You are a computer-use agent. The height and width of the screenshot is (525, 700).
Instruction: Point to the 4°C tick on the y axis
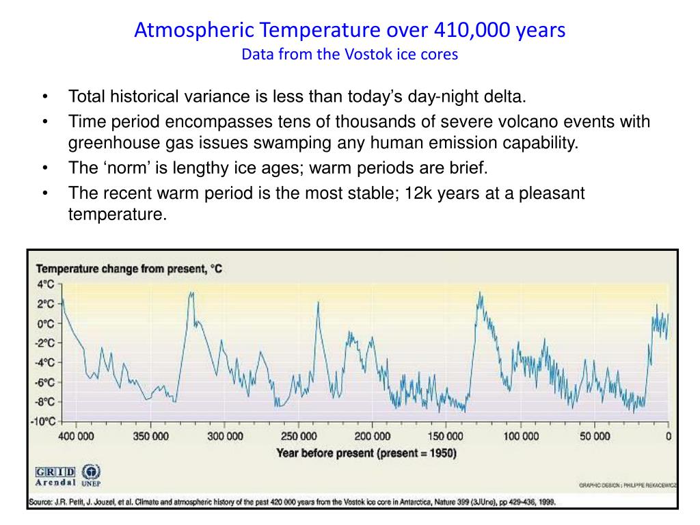(46, 284)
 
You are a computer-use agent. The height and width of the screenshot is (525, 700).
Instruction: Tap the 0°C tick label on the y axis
(46, 323)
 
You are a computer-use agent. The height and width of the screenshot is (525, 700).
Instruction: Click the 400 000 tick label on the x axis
(76, 436)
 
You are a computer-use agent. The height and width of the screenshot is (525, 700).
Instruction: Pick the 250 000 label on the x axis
(299, 436)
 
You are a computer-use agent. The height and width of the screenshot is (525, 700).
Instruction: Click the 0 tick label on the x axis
(669, 436)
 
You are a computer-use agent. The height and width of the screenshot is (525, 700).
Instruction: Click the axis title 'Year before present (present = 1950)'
(366, 453)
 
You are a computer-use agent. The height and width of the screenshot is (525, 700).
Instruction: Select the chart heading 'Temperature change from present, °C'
(129, 269)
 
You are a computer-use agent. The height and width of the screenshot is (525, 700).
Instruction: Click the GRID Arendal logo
(55, 476)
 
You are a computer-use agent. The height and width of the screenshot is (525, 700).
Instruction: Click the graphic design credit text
(628, 486)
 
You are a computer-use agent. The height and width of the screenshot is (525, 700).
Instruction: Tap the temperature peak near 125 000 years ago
(480, 294)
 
